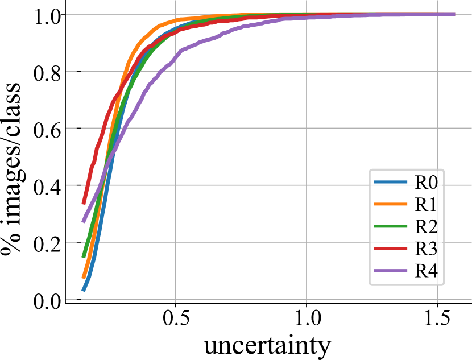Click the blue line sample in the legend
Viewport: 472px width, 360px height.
391,183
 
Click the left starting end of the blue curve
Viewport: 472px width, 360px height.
83,291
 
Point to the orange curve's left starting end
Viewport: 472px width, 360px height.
83,278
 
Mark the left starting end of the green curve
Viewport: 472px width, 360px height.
83,257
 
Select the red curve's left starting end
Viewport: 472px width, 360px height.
83,203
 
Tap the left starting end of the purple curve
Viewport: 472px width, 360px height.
83,221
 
